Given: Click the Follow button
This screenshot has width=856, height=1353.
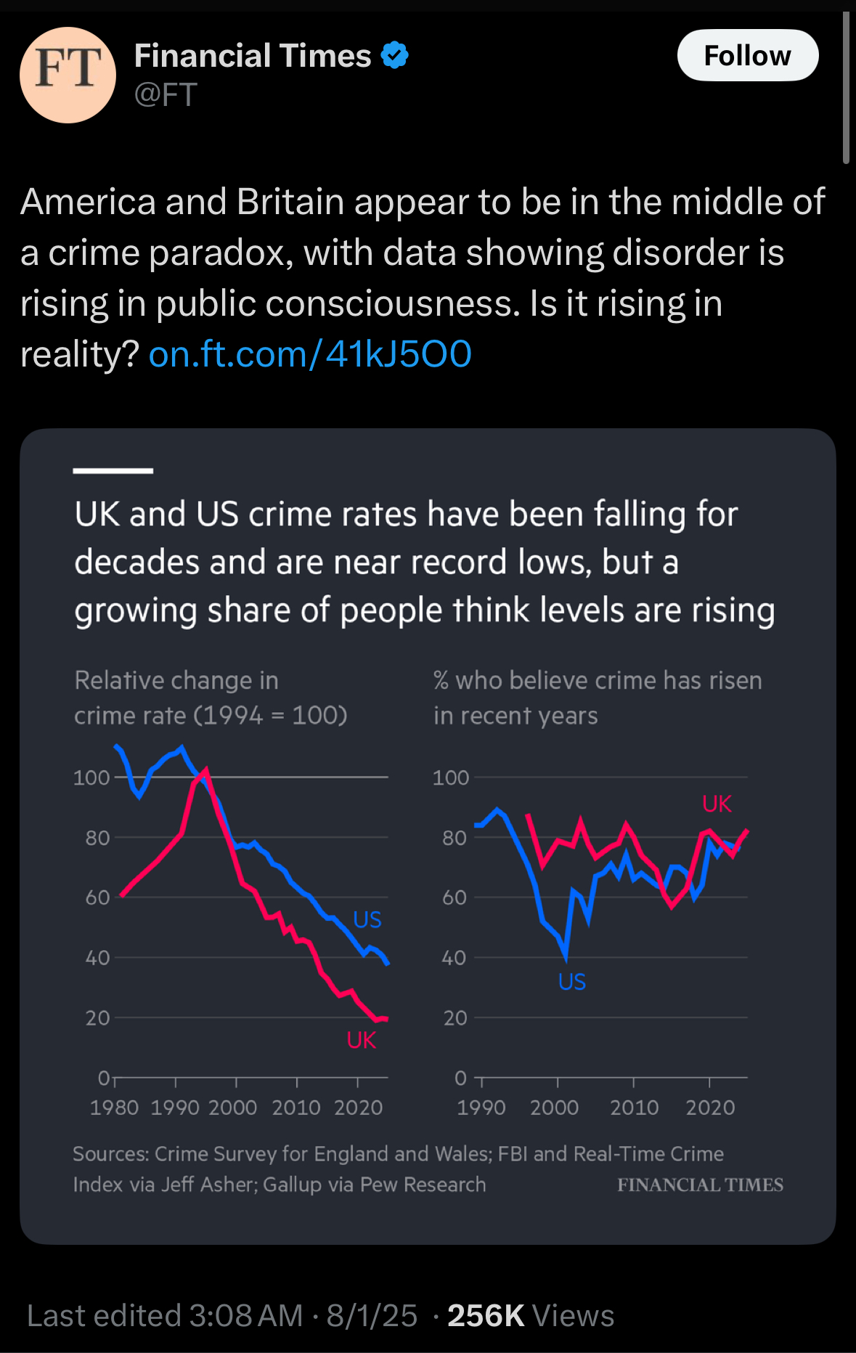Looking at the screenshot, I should coord(747,55).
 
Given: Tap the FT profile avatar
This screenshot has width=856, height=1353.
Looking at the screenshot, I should coord(68,75).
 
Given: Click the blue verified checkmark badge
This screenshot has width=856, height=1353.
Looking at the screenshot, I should coord(395,55).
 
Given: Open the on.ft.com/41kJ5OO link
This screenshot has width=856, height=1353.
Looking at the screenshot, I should coord(310,354).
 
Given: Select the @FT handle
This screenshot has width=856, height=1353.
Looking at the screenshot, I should coord(166,95).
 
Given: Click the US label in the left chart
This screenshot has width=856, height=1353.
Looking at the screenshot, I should coord(367,920).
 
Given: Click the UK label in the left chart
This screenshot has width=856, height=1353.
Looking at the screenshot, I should coord(361,1040).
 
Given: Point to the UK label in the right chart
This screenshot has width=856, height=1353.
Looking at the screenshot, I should coord(717,804).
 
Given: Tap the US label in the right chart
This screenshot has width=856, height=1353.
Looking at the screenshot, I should coord(571,982).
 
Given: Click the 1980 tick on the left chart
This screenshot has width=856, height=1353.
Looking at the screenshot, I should coord(114,1108).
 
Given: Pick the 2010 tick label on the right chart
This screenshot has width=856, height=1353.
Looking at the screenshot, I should coord(634,1108).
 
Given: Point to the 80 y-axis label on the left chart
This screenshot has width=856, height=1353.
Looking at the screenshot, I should coord(97,838).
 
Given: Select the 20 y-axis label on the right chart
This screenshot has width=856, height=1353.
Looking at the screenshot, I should coord(455,1018).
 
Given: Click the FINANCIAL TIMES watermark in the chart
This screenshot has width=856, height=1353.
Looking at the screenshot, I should coord(700,1185).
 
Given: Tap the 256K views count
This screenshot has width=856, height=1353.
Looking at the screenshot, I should coord(485,1315).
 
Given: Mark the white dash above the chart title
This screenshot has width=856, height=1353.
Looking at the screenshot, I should coord(113,470).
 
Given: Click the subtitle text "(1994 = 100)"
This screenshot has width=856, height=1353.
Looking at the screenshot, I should coord(270,716).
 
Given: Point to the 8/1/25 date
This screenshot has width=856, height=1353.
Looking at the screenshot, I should coord(372,1315).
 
